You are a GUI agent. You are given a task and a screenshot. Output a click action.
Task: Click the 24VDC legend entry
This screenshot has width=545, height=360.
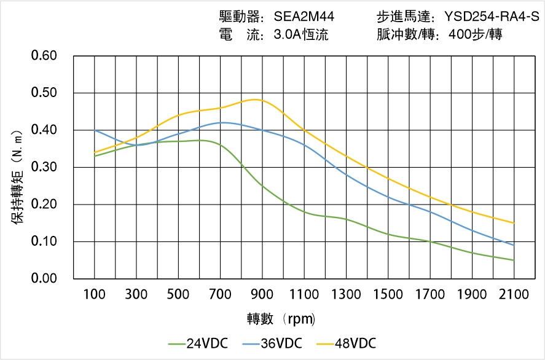tap(198, 343)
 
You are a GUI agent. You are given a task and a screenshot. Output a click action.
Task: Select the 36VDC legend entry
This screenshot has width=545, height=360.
tap(273, 343)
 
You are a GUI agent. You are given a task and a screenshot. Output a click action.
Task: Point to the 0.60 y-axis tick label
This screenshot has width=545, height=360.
tap(44, 56)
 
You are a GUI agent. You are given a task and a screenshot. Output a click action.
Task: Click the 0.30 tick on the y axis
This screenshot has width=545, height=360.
tap(44, 167)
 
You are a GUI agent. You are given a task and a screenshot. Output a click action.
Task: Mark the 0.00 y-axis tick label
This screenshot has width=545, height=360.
tap(44, 279)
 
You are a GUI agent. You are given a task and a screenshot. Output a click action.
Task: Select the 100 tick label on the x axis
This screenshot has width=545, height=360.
tap(95, 295)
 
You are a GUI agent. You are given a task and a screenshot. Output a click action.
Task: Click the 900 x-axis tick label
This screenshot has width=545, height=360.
tap(262, 295)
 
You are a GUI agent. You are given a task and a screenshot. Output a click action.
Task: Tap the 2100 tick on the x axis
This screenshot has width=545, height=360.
tap(514, 295)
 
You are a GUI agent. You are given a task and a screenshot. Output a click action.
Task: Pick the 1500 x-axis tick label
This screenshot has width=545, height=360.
tap(388, 295)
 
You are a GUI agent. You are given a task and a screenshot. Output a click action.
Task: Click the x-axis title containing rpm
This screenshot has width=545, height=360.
tap(281, 319)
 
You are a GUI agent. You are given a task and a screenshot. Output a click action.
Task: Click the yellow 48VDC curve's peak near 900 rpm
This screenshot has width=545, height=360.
tap(257, 100)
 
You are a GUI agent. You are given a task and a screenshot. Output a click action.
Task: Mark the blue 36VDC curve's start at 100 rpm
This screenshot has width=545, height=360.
tap(95, 130)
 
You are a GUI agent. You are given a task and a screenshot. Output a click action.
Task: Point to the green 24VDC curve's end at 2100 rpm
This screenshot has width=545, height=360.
tap(514, 260)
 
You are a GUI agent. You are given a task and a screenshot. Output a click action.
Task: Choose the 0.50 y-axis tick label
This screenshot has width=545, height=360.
tap(44, 93)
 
